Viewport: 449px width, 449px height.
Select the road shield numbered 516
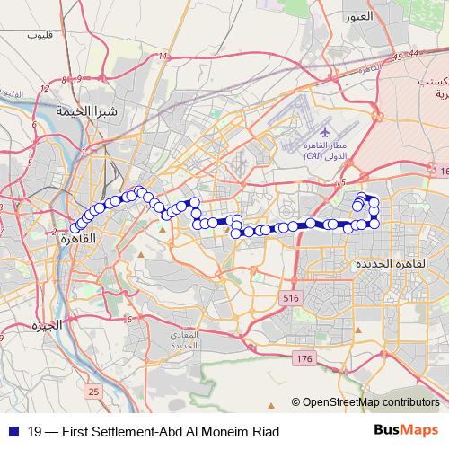[289, 297]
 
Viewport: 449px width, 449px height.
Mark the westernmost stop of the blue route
[75, 228]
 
